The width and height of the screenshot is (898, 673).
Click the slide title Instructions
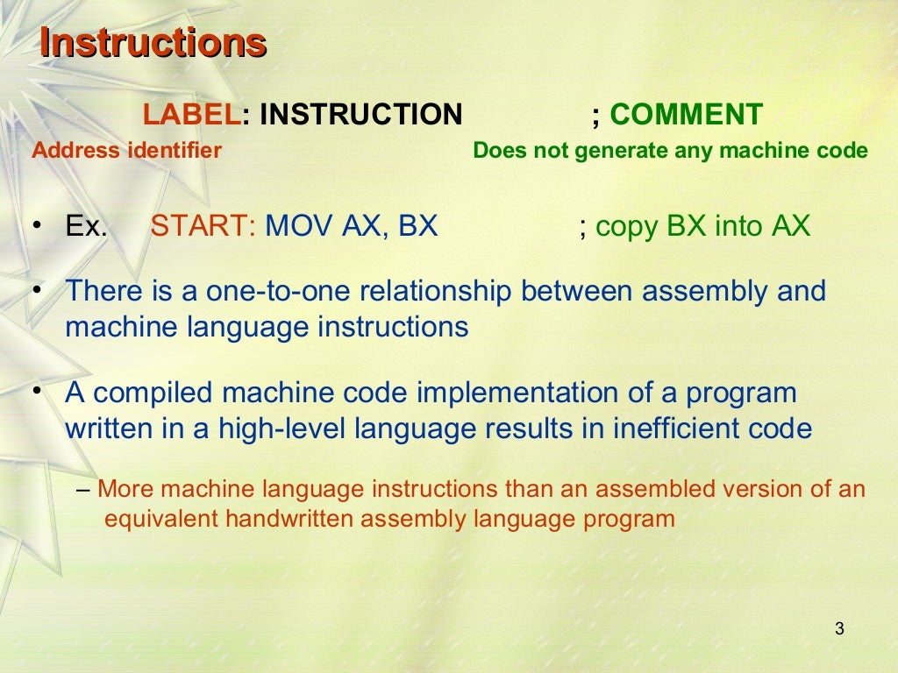pyautogui.click(x=153, y=43)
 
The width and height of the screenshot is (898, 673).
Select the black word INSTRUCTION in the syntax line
pyautogui.click(x=361, y=114)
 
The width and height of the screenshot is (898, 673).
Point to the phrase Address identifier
pyautogui.click(x=126, y=151)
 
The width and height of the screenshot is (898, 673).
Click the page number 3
pyautogui.click(x=839, y=628)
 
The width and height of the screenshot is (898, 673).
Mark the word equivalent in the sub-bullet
pyautogui.click(x=162, y=519)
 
